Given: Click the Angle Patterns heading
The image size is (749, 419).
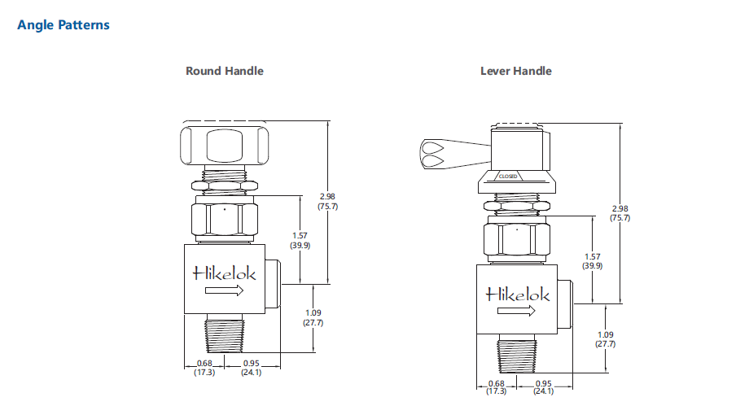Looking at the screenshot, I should [x=64, y=24].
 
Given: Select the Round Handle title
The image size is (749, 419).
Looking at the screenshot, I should [x=225, y=71].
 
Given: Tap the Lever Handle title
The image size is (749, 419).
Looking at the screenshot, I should [x=515, y=71].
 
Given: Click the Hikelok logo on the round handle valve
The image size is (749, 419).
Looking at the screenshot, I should [x=224, y=273].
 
